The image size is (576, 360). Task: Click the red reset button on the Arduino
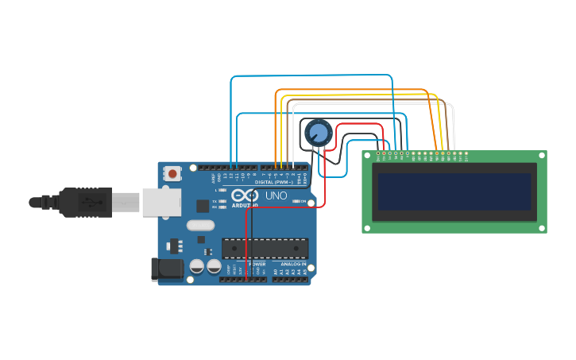172,173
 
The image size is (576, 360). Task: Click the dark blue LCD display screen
454,192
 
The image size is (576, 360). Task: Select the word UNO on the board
276,195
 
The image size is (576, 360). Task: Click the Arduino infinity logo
245,195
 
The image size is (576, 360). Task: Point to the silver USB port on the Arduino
160,202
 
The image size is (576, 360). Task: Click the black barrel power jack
168,269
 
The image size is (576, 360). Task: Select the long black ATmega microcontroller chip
265,249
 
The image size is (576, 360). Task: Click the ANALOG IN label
292,263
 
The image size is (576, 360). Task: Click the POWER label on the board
257,263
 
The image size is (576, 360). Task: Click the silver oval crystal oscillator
201,226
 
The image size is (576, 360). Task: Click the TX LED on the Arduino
223,200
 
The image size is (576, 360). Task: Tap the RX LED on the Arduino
223,207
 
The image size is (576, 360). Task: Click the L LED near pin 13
223,191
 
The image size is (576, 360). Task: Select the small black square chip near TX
203,206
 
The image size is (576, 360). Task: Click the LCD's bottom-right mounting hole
542,228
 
